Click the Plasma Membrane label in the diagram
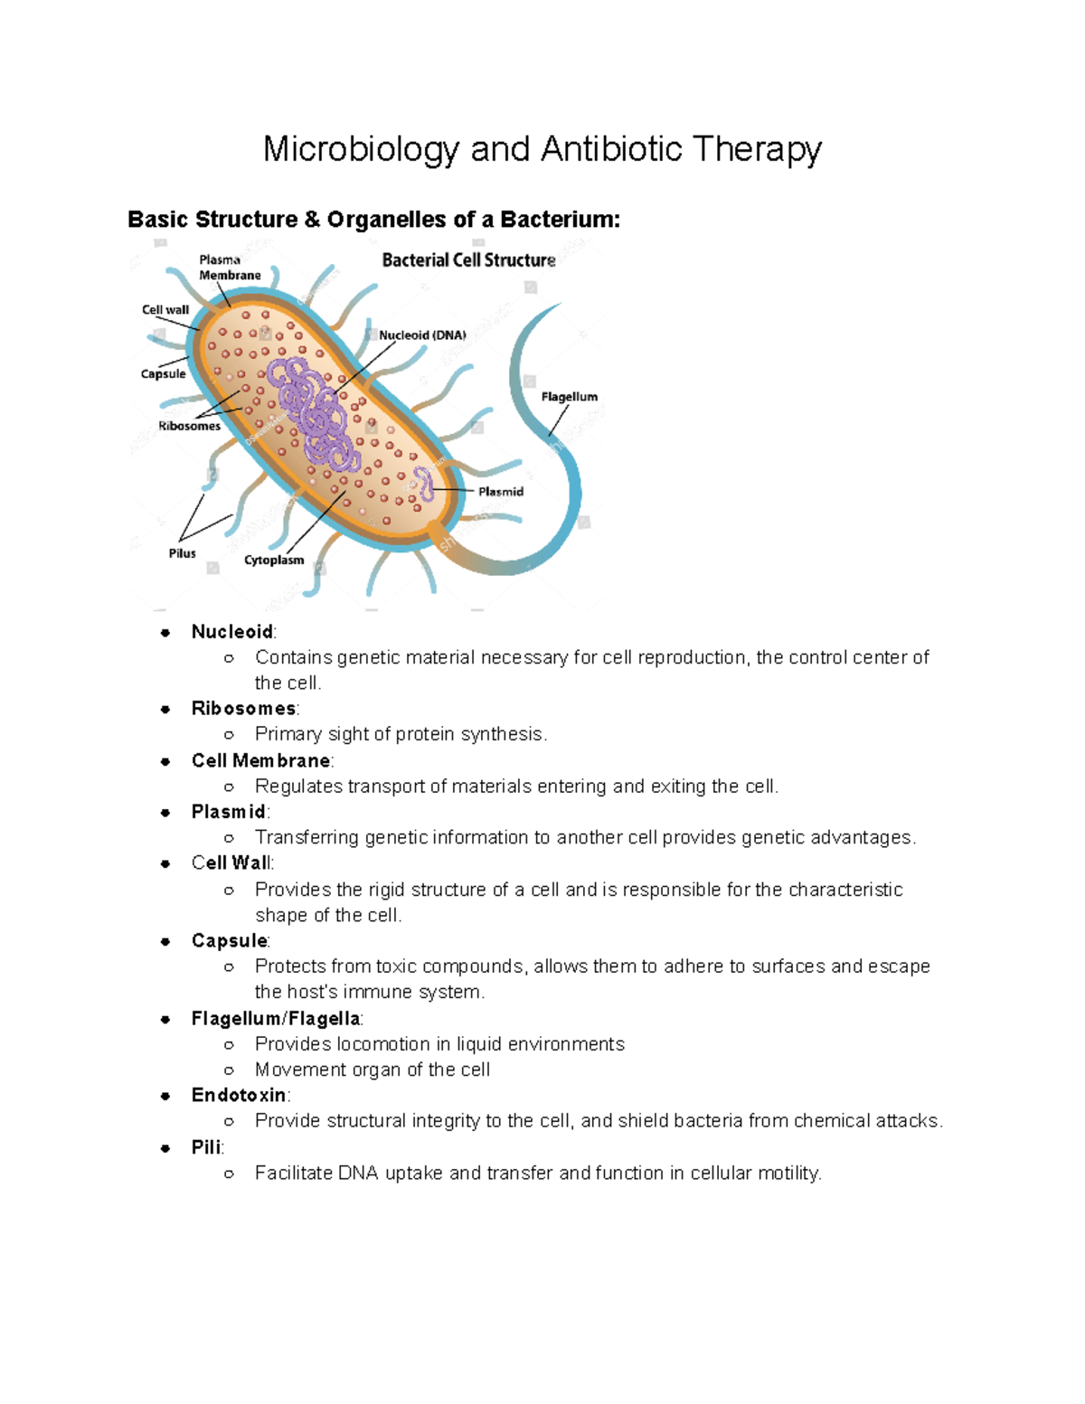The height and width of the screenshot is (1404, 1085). point(230,268)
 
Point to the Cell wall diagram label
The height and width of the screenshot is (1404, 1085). point(165,309)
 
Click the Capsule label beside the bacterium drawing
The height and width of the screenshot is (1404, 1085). point(164,373)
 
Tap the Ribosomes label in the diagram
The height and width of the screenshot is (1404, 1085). point(189,426)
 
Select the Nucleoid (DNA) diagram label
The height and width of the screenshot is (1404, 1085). point(422,335)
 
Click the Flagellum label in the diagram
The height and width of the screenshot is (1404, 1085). point(569,397)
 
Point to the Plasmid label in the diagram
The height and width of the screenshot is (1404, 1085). point(501,492)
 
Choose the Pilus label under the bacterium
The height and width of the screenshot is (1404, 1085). point(182,553)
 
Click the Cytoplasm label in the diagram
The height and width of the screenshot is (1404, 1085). point(274,561)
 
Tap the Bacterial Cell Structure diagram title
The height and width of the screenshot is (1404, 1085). point(468,260)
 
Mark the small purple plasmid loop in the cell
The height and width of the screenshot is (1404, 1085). point(423,484)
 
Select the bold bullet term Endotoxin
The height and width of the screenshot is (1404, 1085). point(239,1096)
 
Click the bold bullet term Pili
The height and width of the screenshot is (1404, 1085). point(206,1147)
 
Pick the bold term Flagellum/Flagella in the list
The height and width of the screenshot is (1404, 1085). point(276,1019)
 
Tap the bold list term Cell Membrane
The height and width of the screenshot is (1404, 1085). point(260,761)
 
